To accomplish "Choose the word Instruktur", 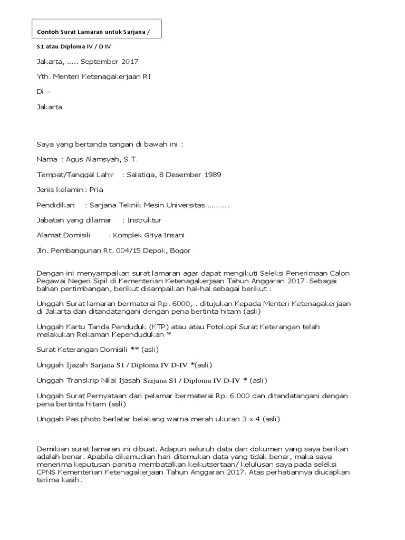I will tap(144, 220).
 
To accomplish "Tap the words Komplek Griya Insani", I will tap(151, 235).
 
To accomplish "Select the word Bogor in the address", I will tap(180, 250).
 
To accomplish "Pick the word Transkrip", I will tap(79, 380).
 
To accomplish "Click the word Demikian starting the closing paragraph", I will tap(53, 449).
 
